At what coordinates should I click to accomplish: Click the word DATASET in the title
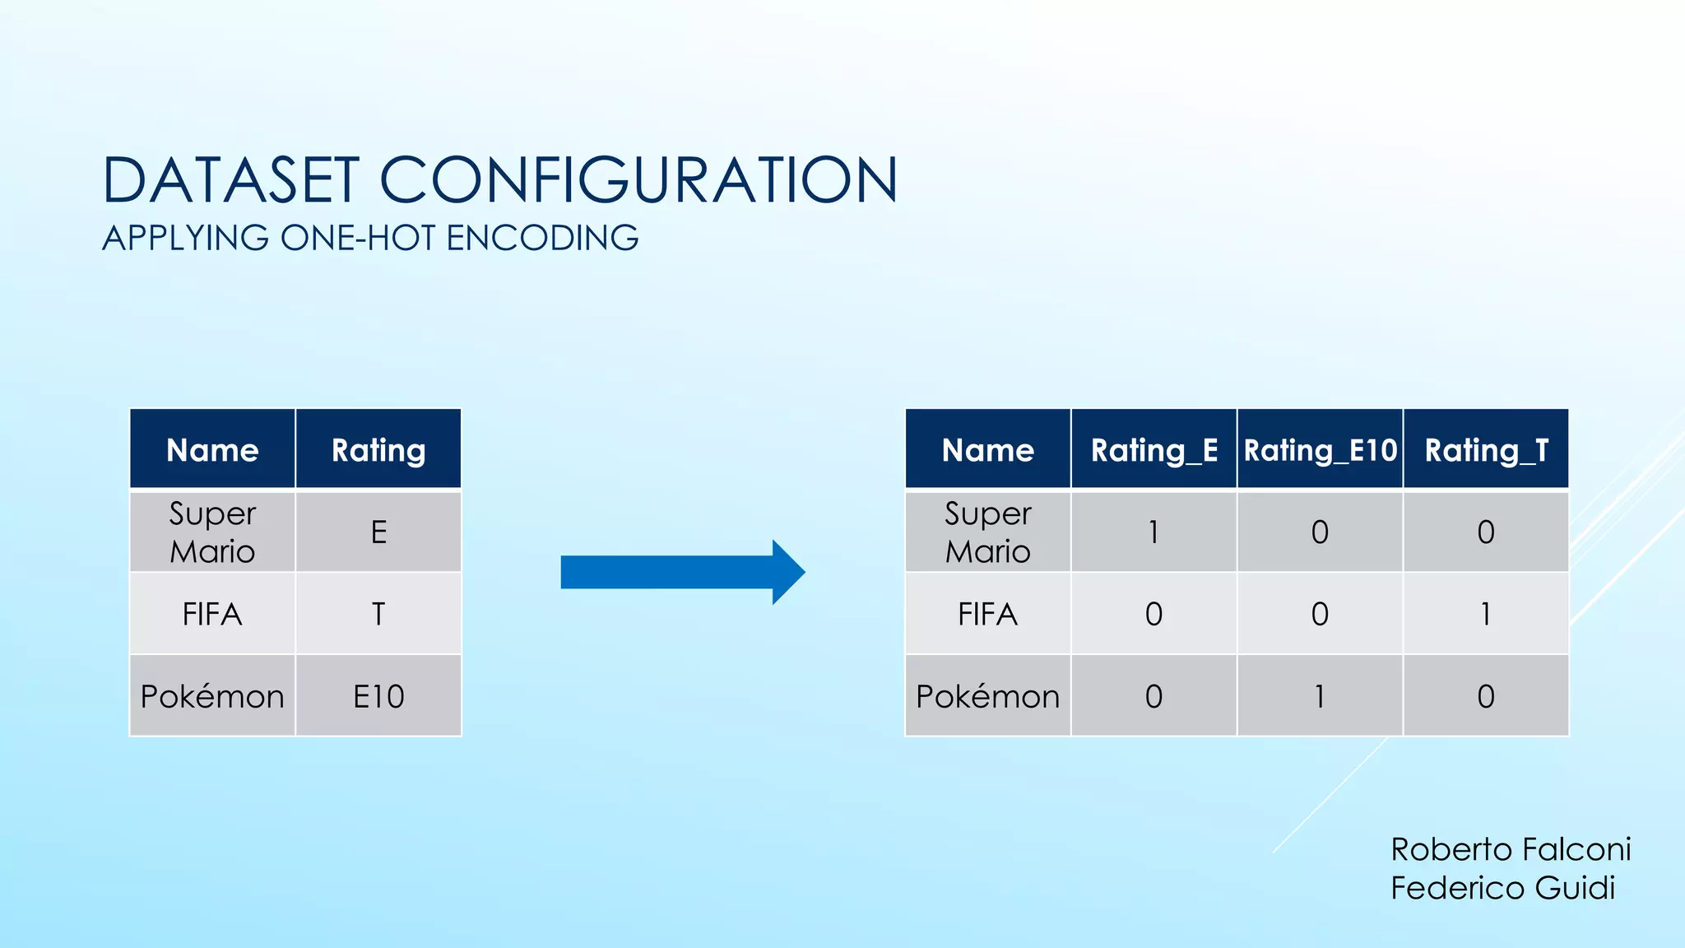230,180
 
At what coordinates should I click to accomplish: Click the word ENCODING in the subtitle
542,238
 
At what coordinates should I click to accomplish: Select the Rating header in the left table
378,450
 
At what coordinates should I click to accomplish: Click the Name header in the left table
212,450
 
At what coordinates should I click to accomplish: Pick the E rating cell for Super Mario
378,532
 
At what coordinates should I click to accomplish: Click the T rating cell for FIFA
378,614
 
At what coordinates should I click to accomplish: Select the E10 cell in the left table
378,696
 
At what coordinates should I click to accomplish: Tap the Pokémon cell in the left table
212,696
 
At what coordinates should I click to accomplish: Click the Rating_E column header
1154,450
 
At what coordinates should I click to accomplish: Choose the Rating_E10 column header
1320,450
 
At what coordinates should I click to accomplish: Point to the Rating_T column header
1486,450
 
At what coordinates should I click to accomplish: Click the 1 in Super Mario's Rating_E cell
1154,532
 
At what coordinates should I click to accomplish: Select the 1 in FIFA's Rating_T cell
1486,614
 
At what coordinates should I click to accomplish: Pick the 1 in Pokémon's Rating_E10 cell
1320,696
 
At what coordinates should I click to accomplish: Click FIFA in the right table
987,614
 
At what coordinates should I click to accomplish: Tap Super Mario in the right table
987,532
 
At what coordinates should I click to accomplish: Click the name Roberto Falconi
1511,848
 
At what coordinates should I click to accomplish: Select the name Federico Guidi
1502,888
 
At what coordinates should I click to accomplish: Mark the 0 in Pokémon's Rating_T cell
1486,696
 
